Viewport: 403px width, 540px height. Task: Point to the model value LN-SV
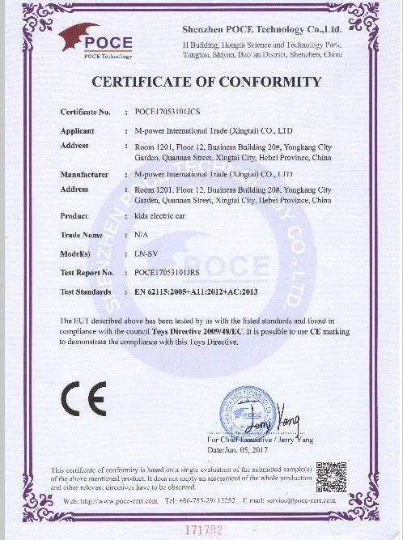145,253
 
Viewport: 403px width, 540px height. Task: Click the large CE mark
81,397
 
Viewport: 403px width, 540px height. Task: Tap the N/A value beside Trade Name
139,235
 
